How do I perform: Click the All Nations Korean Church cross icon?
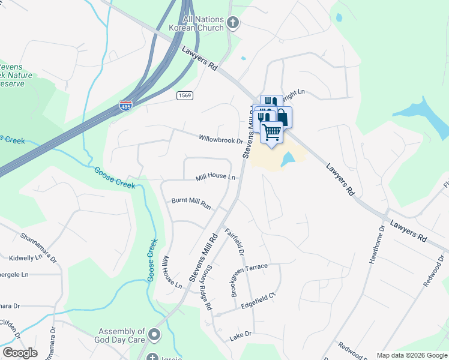[x=234, y=23]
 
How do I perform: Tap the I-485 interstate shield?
[x=125, y=106]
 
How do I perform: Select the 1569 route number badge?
[x=184, y=95]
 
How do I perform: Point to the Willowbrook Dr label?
[x=221, y=139]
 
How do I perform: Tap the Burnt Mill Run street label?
[x=191, y=203]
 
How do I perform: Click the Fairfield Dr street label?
[x=235, y=242]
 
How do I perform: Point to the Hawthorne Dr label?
[x=374, y=245]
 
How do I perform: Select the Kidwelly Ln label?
[x=25, y=257]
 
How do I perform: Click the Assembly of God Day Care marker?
[x=155, y=334]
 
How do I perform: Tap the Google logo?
[x=20, y=353]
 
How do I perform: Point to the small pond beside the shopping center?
[x=288, y=159]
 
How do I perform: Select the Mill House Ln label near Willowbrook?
[x=215, y=177]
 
